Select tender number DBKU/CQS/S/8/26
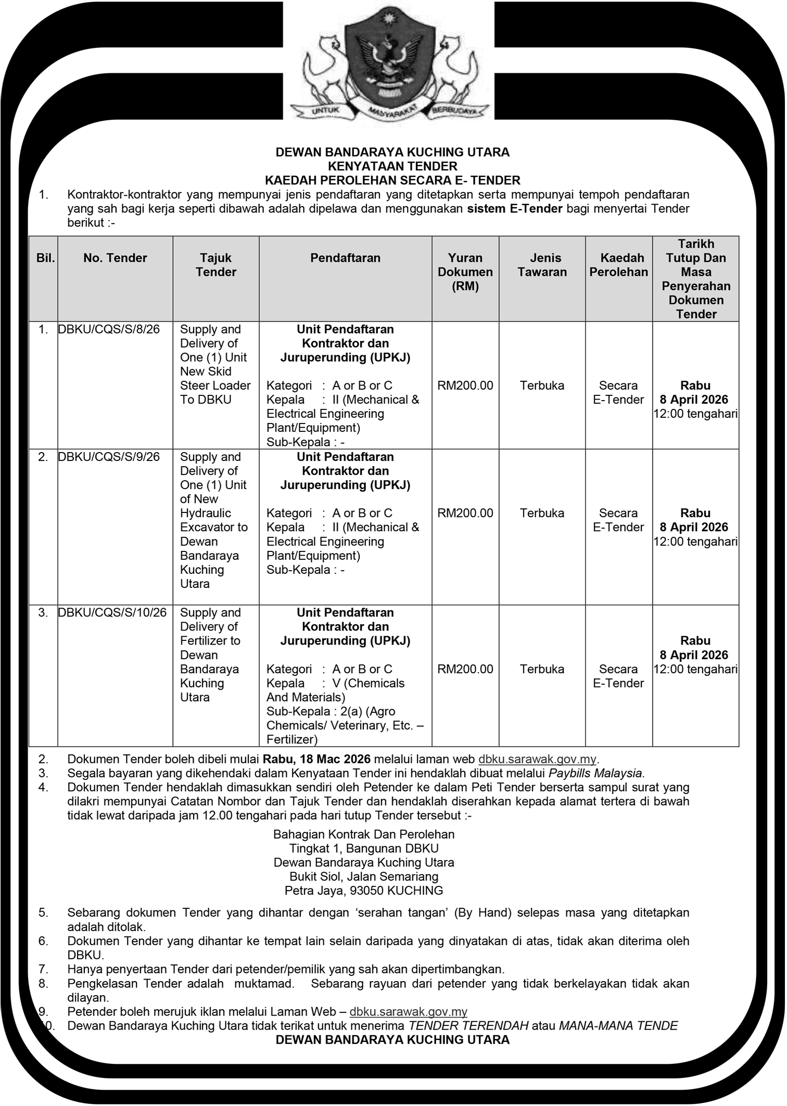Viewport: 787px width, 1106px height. [109, 329]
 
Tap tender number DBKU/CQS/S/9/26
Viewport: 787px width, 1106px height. [109, 457]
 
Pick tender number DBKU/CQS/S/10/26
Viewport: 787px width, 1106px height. [112, 613]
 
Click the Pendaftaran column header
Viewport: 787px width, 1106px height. [345, 258]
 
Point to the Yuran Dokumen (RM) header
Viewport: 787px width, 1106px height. [465, 272]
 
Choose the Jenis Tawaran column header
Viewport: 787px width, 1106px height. [542, 265]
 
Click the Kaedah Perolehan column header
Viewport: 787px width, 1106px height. [618, 265]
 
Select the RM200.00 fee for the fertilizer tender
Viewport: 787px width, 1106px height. [465, 669]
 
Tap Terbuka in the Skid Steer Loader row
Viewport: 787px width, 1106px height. [542, 385]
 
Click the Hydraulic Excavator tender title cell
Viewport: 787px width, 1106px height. [214, 520]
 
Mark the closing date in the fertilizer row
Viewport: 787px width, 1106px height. [695, 655]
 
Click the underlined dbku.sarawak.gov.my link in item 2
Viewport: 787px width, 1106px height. [537, 759]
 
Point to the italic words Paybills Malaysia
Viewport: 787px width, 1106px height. [596, 773]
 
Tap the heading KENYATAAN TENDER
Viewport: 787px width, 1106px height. [392, 166]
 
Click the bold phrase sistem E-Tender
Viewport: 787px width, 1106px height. [515, 209]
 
